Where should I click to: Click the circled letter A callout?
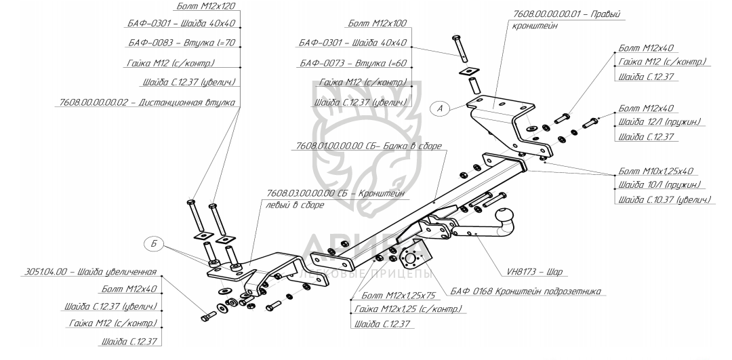point(441,108)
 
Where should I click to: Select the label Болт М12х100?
point(377,24)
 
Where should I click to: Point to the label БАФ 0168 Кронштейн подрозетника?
point(526,292)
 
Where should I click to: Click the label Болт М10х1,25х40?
point(660,171)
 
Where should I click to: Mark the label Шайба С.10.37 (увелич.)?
point(664,200)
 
